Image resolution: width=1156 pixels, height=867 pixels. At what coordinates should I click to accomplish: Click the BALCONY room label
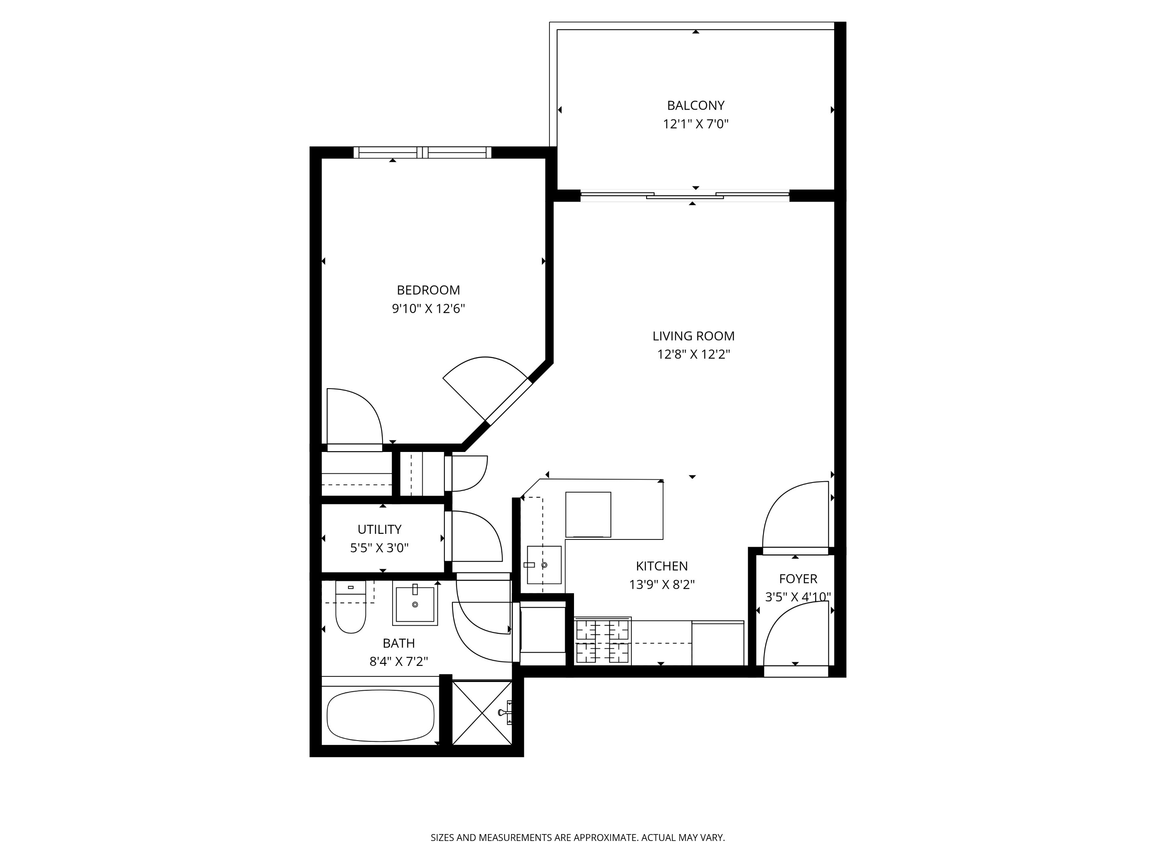[696, 106]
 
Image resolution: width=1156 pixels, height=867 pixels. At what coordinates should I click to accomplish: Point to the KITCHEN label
[661, 566]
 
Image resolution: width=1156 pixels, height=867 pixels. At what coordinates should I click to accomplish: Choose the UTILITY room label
[379, 529]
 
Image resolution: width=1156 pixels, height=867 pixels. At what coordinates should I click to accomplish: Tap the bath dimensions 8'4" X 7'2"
[399, 661]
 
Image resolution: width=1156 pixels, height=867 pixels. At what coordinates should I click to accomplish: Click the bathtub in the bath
[381, 715]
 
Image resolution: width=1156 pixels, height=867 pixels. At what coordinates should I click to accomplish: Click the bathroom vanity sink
[415, 604]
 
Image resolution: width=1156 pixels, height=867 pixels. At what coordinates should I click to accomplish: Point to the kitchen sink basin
[544, 565]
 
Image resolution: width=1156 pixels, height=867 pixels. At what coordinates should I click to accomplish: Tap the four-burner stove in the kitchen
[602, 641]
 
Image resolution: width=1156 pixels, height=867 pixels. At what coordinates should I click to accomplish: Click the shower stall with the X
[481, 712]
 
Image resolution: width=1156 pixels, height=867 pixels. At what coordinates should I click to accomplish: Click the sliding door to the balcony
[685, 196]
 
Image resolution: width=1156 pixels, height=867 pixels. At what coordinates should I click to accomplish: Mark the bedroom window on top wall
[422, 153]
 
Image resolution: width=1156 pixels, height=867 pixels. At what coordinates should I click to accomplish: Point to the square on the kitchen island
[588, 514]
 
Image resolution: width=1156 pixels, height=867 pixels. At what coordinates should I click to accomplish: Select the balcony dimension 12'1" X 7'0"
[696, 124]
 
